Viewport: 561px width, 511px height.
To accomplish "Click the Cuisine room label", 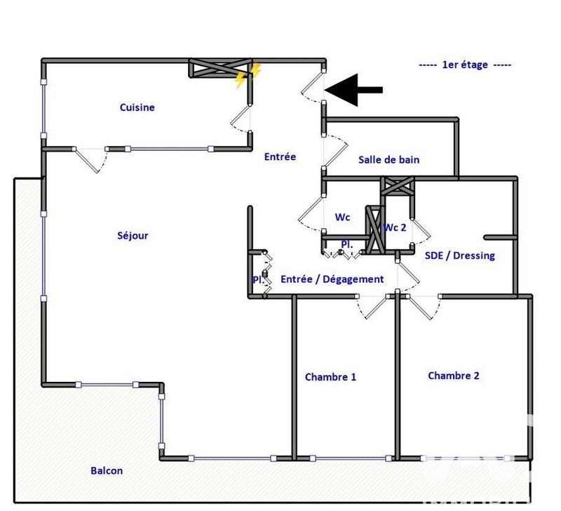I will (137, 107).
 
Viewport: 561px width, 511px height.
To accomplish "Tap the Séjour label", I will (133, 236).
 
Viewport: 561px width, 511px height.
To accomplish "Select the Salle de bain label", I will (388, 159).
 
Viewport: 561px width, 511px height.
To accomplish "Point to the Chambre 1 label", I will (330, 377).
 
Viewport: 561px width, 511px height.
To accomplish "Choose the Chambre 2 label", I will (454, 376).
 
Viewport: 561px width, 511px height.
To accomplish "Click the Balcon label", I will (107, 471).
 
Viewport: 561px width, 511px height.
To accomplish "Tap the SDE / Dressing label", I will (459, 255).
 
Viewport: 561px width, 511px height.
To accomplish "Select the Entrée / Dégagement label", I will (332, 279).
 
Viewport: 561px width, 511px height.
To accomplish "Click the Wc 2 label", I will (395, 227).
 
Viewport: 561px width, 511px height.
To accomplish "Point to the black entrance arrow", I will (353, 89).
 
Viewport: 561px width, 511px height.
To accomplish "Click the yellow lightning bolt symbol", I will (248, 76).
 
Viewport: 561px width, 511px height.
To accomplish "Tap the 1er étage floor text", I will (465, 65).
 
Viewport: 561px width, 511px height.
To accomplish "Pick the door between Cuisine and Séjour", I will (92, 160).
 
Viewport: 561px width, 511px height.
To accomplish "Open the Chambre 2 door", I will (421, 307).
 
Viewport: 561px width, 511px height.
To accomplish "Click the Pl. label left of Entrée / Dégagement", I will (257, 279).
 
